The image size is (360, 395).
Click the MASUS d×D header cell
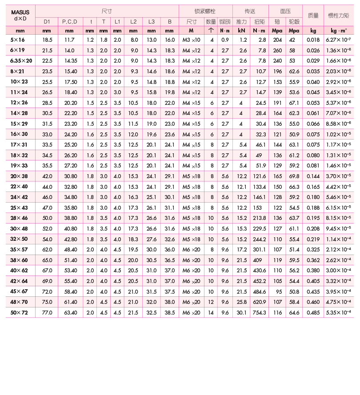tap(20, 15)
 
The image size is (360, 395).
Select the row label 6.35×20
tap(21, 61)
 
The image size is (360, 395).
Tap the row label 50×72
tap(19, 313)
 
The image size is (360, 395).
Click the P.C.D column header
tap(69, 21)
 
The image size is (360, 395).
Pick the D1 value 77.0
tap(47, 313)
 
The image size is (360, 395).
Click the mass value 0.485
tap(313, 313)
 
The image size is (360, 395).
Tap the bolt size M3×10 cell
tap(192, 40)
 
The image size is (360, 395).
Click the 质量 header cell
tap(313, 15)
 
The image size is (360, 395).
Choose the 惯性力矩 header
tap(339, 15)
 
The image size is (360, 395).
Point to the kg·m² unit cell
tap(339, 31)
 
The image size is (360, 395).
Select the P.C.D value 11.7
tap(69, 40)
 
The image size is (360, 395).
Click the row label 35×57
tap(19, 250)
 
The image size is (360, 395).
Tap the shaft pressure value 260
tap(277, 50)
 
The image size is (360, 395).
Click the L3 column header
tap(152, 21)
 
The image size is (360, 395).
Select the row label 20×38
tap(19, 176)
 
